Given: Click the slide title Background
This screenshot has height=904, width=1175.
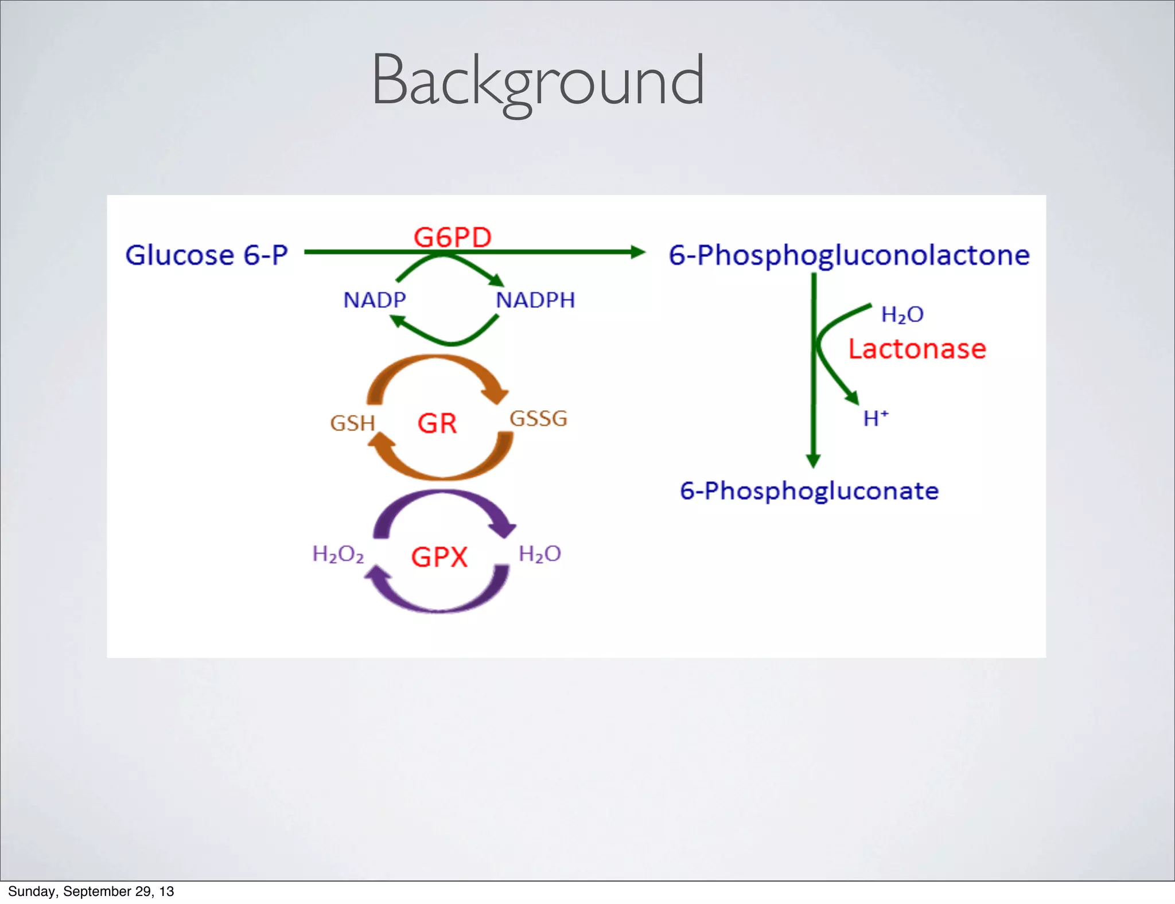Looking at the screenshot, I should [538, 80].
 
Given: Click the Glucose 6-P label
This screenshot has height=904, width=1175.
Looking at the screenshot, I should [207, 255].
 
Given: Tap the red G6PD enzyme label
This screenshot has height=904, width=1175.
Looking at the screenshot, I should [453, 237].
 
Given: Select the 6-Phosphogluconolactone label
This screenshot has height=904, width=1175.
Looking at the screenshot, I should [849, 255].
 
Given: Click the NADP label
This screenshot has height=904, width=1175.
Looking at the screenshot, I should [375, 300].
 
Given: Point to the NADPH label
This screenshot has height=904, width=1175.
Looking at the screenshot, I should [535, 300].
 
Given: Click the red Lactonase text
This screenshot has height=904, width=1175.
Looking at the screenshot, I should [917, 349].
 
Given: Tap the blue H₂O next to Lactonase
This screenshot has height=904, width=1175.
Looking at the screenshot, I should [902, 314].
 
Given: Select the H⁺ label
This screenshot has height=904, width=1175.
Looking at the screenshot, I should [876, 418].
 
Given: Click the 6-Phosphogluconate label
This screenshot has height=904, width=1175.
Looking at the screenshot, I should [809, 491].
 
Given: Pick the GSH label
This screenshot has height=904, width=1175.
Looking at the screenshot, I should [352, 423].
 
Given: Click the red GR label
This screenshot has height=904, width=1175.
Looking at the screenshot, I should [437, 423].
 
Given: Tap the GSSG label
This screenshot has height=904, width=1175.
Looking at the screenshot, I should [538, 418].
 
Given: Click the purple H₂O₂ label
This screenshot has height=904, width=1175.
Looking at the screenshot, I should [338, 554].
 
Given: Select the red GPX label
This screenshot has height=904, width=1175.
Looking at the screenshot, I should [439, 557].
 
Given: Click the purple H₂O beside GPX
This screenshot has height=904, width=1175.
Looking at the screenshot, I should [539, 554].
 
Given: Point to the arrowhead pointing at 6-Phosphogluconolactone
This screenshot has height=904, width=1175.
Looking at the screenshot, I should [638, 252].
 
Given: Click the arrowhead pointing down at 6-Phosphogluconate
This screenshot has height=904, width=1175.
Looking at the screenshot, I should [813, 460].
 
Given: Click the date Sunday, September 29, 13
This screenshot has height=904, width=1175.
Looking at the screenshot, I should [91, 891].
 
